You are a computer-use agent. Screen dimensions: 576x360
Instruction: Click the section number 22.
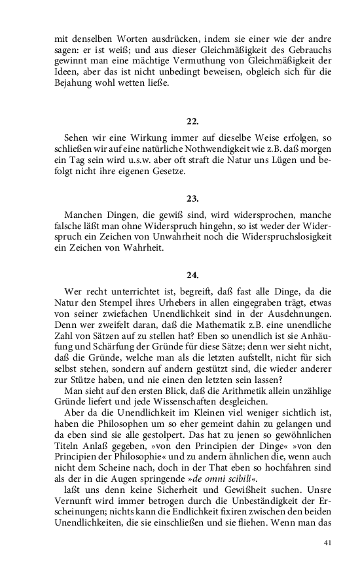coord(192,121)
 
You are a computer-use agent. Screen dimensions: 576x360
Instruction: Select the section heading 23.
coord(192,198)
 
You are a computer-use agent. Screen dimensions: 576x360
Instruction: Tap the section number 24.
coord(192,275)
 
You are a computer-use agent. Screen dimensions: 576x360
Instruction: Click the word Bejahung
coord(75,83)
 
